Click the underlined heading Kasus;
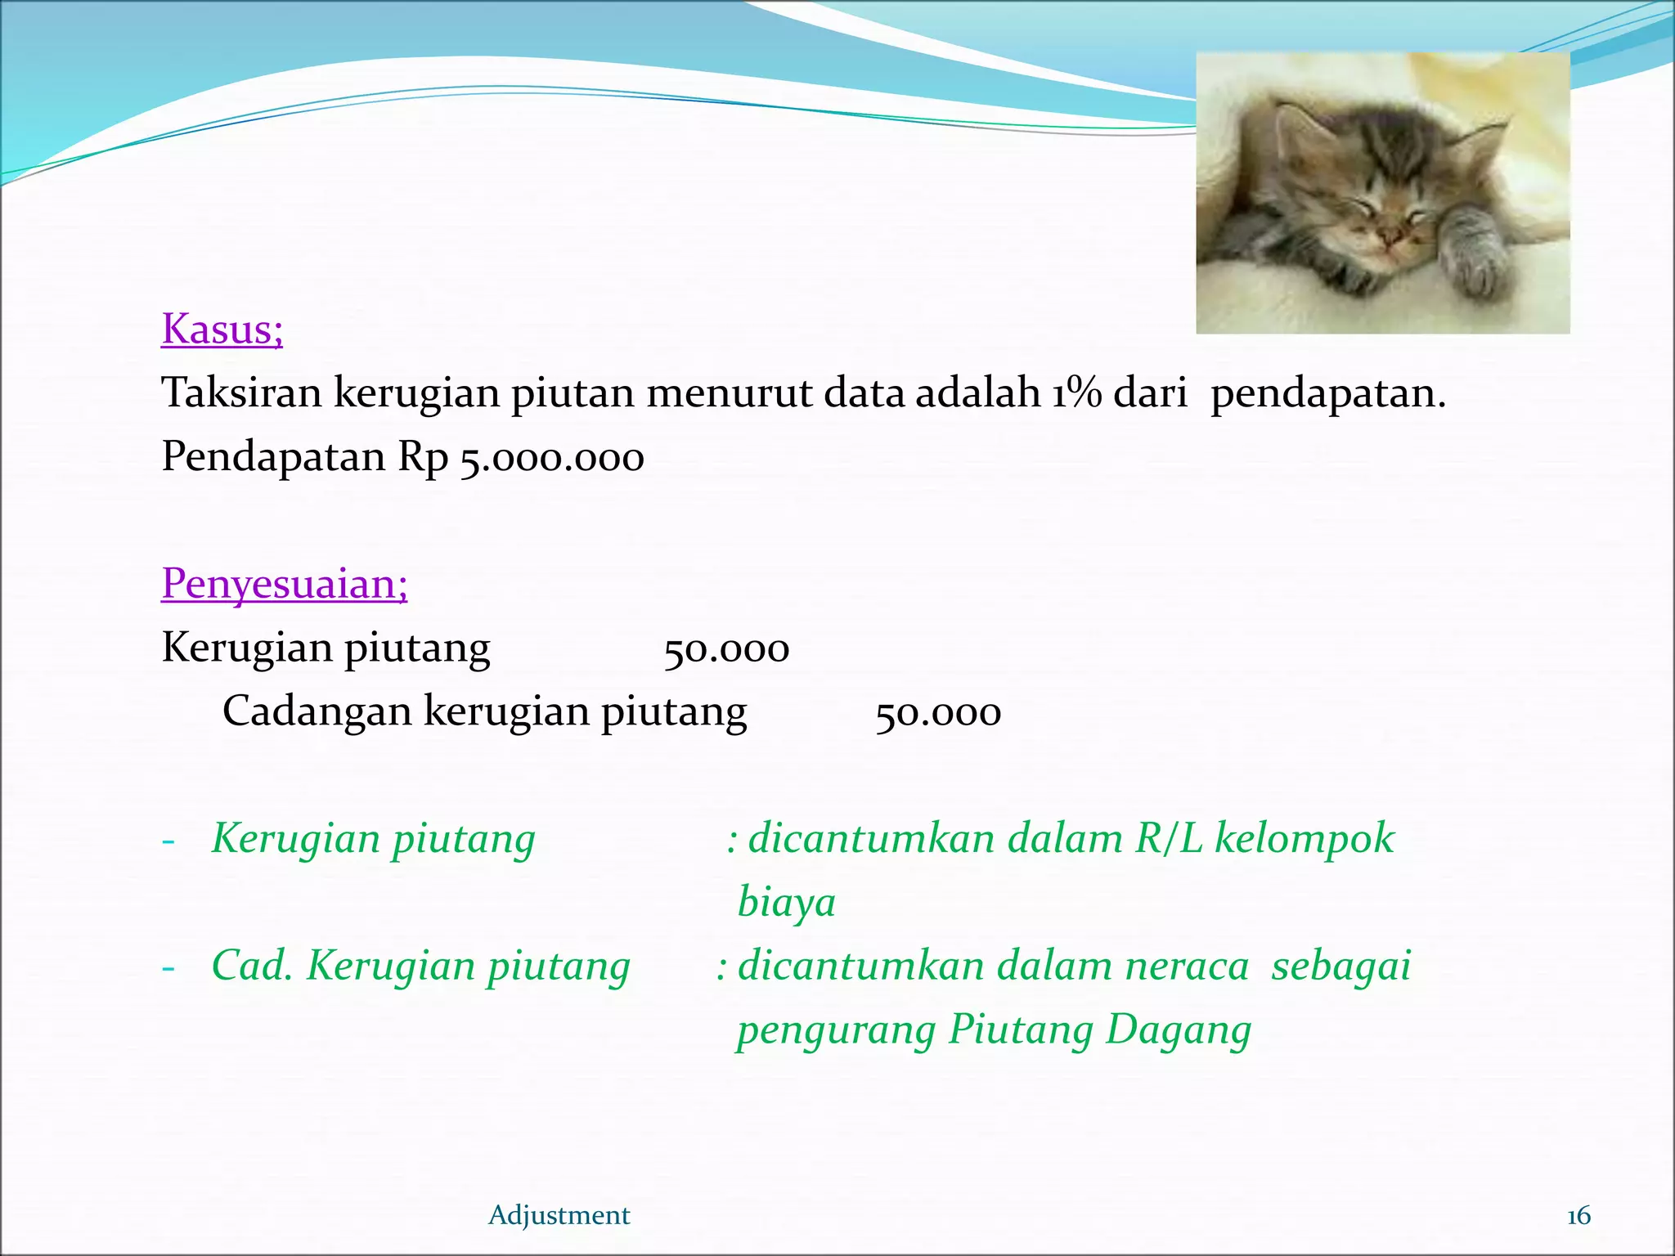point(222,330)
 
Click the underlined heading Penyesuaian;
point(284,584)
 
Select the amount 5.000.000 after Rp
point(552,457)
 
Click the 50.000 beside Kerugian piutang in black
point(726,649)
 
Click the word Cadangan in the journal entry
point(317,710)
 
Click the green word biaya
point(786,902)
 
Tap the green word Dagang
point(1178,1030)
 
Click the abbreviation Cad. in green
point(252,966)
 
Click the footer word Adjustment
point(559,1215)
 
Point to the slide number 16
point(1578,1216)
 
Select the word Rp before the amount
point(423,457)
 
